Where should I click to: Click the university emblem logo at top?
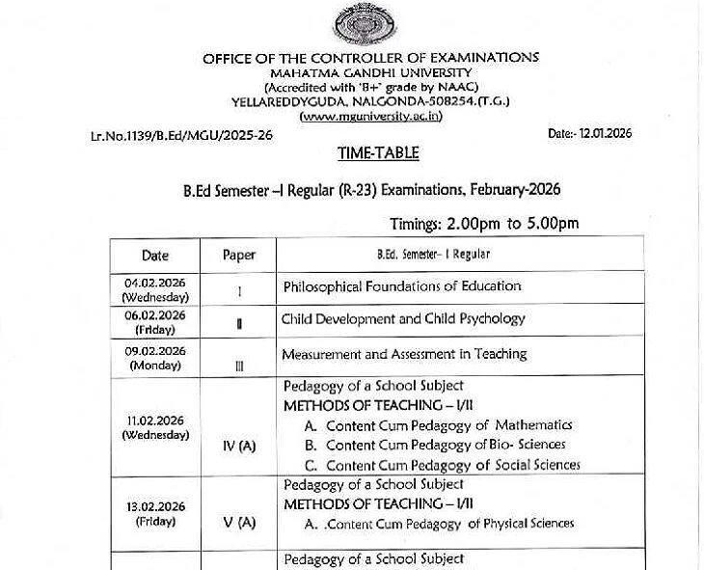coord(356,25)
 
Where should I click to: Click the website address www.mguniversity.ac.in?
coord(358,116)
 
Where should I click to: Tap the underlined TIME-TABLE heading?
coord(378,152)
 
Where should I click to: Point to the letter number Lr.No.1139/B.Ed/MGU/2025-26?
coord(181,136)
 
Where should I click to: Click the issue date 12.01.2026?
coord(589,134)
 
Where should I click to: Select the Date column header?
coord(155,256)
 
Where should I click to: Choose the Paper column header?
coord(239,256)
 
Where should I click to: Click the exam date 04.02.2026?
coord(155,281)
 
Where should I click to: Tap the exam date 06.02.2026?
coord(155,315)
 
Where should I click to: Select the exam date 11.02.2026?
coord(155,421)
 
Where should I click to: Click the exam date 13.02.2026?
coord(155,507)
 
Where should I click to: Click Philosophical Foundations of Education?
coord(401,286)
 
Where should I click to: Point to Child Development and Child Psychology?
coord(403,319)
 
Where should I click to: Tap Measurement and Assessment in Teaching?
coord(404,354)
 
